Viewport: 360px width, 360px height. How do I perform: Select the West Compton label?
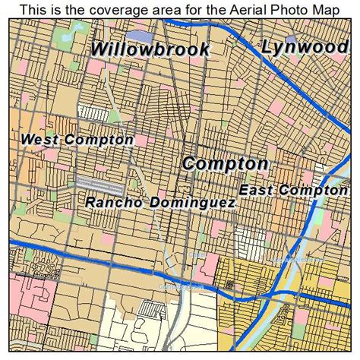77,140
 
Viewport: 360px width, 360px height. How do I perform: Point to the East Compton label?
293,190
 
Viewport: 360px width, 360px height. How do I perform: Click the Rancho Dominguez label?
159,203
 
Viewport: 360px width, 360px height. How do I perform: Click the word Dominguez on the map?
191,203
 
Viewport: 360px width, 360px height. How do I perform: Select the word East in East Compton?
255,190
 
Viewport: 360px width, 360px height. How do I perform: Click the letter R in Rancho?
90,203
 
